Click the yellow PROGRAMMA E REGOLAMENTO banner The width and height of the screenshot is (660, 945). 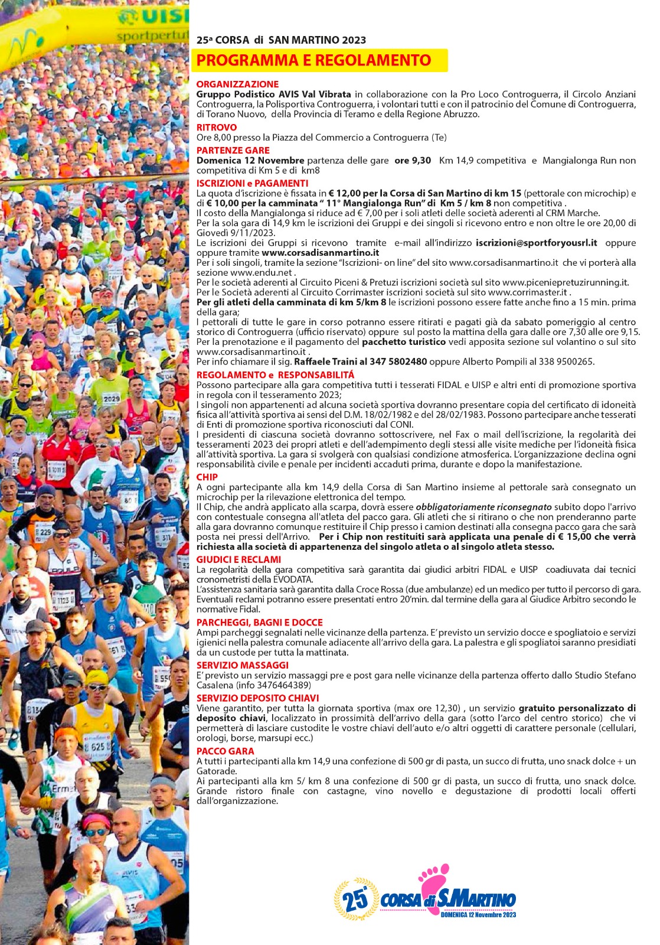(x=319, y=60)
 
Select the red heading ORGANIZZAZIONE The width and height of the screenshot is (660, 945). (x=237, y=84)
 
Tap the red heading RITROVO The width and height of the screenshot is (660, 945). (x=217, y=128)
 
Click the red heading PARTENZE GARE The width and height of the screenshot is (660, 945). (x=233, y=151)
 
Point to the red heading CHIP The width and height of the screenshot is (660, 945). (x=207, y=477)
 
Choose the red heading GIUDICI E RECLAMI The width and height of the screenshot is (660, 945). (x=238, y=559)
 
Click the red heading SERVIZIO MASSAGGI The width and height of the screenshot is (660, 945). (x=242, y=665)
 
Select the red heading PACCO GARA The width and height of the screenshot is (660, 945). (x=225, y=751)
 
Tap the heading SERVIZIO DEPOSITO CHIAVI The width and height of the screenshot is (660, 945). (x=257, y=698)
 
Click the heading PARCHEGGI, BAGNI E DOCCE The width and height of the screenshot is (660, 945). (x=259, y=623)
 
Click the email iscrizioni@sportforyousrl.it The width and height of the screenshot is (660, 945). (x=536, y=243)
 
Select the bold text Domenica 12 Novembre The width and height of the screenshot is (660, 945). (x=250, y=161)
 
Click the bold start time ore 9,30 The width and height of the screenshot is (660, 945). (x=413, y=161)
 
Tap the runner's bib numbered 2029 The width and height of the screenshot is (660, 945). (x=112, y=399)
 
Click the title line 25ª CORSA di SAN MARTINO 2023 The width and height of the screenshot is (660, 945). (x=281, y=40)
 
